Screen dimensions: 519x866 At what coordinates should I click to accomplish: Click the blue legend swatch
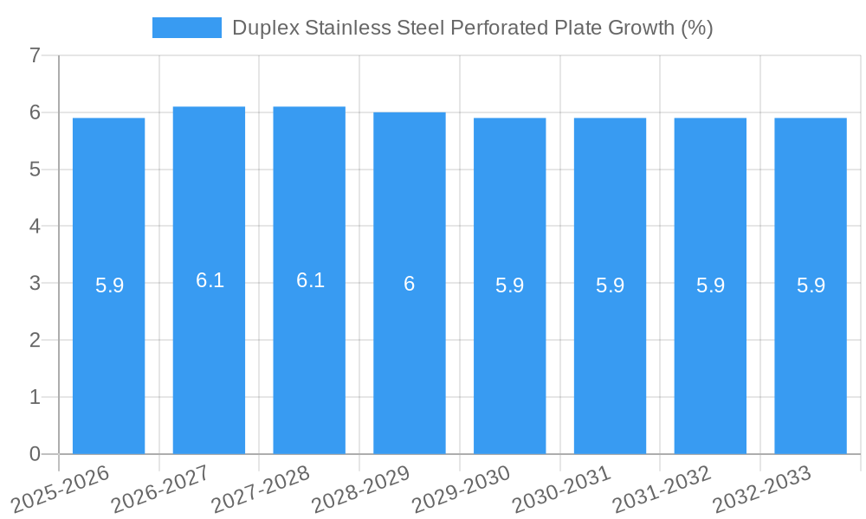coord(186,28)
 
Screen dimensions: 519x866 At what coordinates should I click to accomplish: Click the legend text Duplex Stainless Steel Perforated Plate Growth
coord(472,28)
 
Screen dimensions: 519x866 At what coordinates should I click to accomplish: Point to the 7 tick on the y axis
coord(36,55)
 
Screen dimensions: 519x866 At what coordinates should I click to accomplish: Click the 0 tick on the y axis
coord(36,454)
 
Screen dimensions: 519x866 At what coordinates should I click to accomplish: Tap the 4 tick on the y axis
coord(36,227)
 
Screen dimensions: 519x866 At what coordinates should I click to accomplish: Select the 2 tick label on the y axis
coord(36,340)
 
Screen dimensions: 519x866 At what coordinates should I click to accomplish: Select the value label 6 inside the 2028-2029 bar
coord(410,284)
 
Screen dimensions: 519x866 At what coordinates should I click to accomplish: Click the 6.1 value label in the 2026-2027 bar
coord(210,280)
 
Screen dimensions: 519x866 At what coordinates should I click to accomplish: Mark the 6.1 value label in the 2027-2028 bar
coord(310,280)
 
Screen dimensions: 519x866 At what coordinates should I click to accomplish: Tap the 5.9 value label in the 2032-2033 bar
coord(811,285)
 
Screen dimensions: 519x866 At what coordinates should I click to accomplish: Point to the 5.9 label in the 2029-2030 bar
coord(509,285)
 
